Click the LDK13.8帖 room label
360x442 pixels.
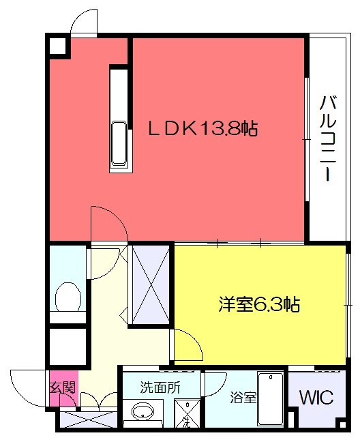click(x=202, y=129)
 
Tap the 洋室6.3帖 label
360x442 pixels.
click(x=259, y=304)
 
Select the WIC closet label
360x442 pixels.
click(x=316, y=397)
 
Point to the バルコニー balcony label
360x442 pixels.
click(x=328, y=138)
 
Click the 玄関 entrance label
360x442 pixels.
click(x=63, y=387)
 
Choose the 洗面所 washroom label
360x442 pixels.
click(x=160, y=388)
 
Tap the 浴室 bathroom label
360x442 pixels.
click(x=243, y=398)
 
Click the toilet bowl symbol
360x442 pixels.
click(x=68, y=297)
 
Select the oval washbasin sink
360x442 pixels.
click(x=142, y=411)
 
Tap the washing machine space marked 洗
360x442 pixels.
click(x=187, y=413)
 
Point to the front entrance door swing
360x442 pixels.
click(x=28, y=388)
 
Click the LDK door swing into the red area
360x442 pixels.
click(x=109, y=224)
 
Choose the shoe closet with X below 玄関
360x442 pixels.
click(x=89, y=419)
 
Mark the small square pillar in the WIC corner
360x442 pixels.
click(x=342, y=424)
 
